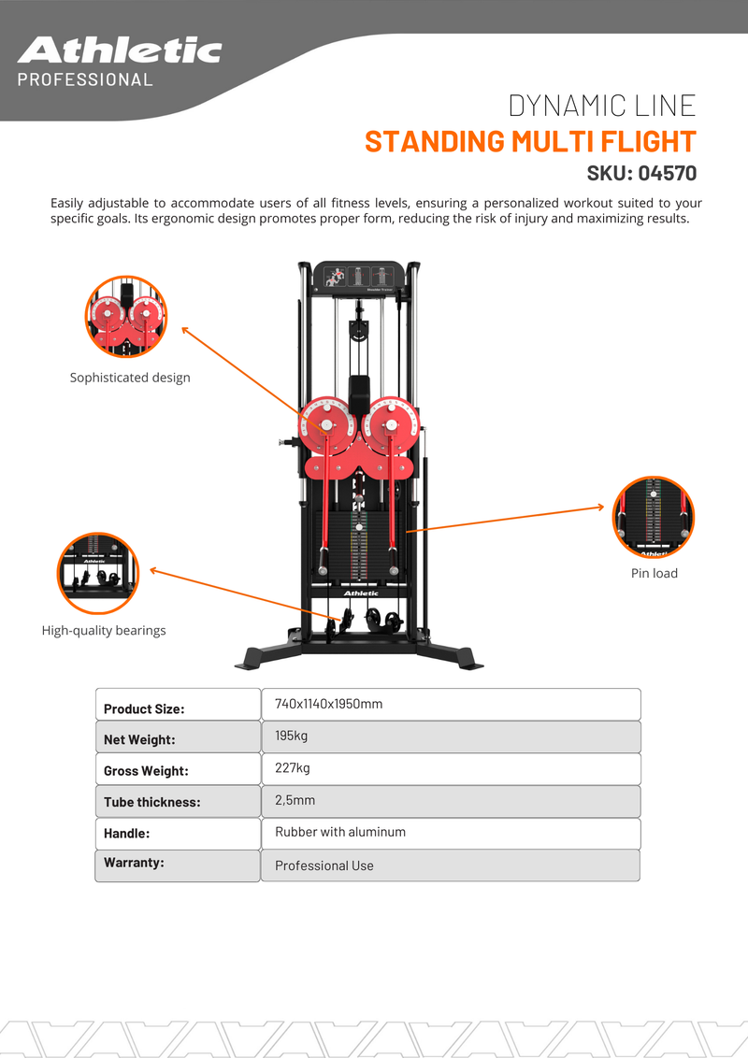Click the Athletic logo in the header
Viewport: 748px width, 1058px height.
point(120,50)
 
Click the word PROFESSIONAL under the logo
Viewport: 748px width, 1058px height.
point(85,79)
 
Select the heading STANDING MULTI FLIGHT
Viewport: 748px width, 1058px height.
point(531,142)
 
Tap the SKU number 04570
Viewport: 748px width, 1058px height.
point(668,174)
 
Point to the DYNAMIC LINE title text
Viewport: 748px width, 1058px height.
point(602,106)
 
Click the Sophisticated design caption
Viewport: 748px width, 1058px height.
point(130,378)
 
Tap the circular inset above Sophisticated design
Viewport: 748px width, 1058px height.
point(126,317)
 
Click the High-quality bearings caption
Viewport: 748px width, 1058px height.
point(104,630)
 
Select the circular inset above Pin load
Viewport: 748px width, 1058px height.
point(654,517)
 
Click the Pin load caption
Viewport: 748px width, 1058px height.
point(654,573)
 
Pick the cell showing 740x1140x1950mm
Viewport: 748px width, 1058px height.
point(451,705)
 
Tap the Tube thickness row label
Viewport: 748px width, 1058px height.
point(151,802)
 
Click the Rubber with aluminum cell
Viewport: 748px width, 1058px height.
point(451,834)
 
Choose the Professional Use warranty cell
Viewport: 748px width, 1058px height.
point(451,865)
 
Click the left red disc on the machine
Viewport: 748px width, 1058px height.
point(327,426)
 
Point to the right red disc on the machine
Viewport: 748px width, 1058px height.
point(391,426)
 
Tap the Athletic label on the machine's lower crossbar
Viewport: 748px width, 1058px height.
point(361,593)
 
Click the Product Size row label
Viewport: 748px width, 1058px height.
point(144,709)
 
